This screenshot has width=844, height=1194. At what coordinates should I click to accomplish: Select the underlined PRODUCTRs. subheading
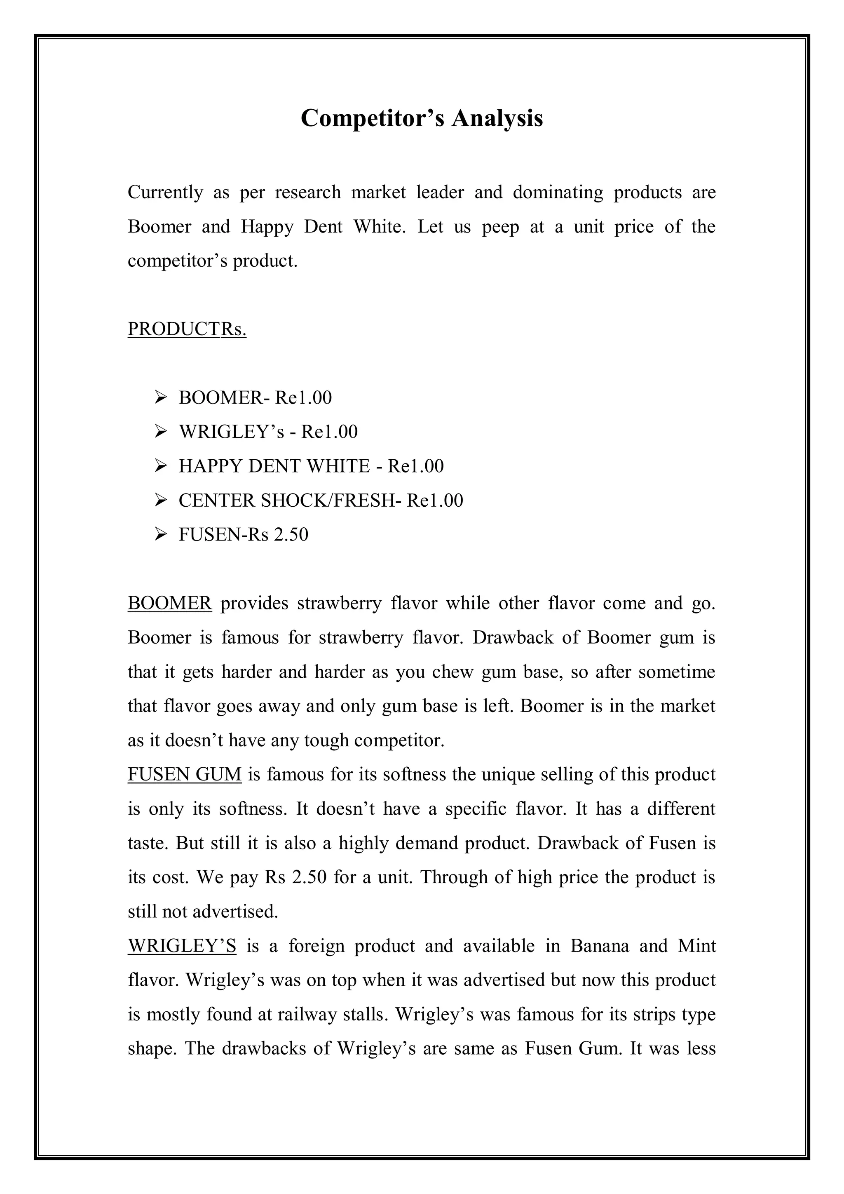pos(187,329)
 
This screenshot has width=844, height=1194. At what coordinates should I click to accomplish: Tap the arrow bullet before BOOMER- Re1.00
pos(160,398)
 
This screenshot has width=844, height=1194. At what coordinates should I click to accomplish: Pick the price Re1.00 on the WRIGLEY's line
pos(330,432)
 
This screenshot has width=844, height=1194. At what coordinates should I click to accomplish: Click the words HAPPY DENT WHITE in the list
pos(273,466)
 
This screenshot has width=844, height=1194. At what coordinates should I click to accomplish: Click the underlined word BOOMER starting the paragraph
pos(170,603)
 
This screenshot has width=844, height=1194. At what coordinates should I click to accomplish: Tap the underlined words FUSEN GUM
pos(185,774)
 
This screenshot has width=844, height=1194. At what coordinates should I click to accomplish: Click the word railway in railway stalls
pos(307,1015)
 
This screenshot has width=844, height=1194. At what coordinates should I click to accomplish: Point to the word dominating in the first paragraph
pos(558,193)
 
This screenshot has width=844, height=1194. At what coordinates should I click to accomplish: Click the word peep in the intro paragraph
pos(500,227)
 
